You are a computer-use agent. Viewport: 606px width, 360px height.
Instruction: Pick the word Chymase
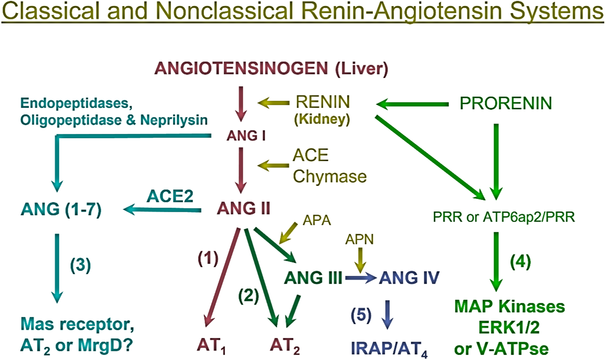330,176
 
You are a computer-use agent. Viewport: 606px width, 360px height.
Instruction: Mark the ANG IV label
409,277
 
